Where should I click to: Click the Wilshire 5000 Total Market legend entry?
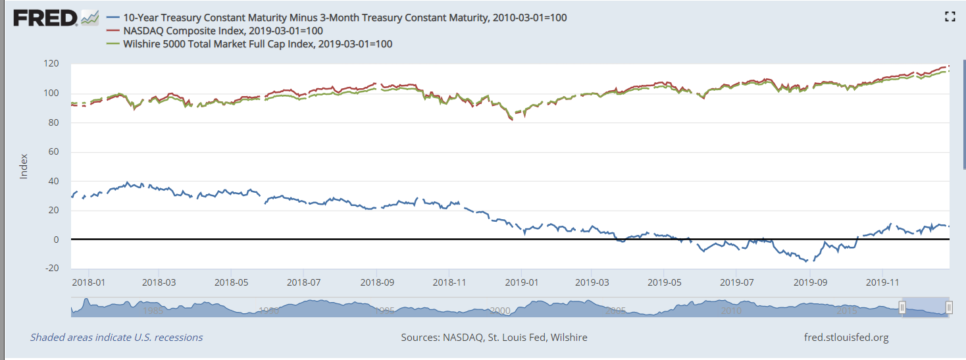tap(257, 44)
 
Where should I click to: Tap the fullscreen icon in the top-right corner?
tap(950, 17)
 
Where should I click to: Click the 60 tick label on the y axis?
tap(55, 151)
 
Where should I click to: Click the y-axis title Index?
tap(24, 167)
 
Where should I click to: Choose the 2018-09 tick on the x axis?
tap(376, 282)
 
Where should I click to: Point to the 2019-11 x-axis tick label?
tap(881, 282)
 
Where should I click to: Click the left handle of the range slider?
tap(902, 307)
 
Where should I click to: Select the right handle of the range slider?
tap(949, 307)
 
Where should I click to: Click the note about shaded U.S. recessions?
tap(116, 338)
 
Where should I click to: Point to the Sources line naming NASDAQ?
tap(494, 338)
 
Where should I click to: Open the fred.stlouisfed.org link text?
tap(846, 338)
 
